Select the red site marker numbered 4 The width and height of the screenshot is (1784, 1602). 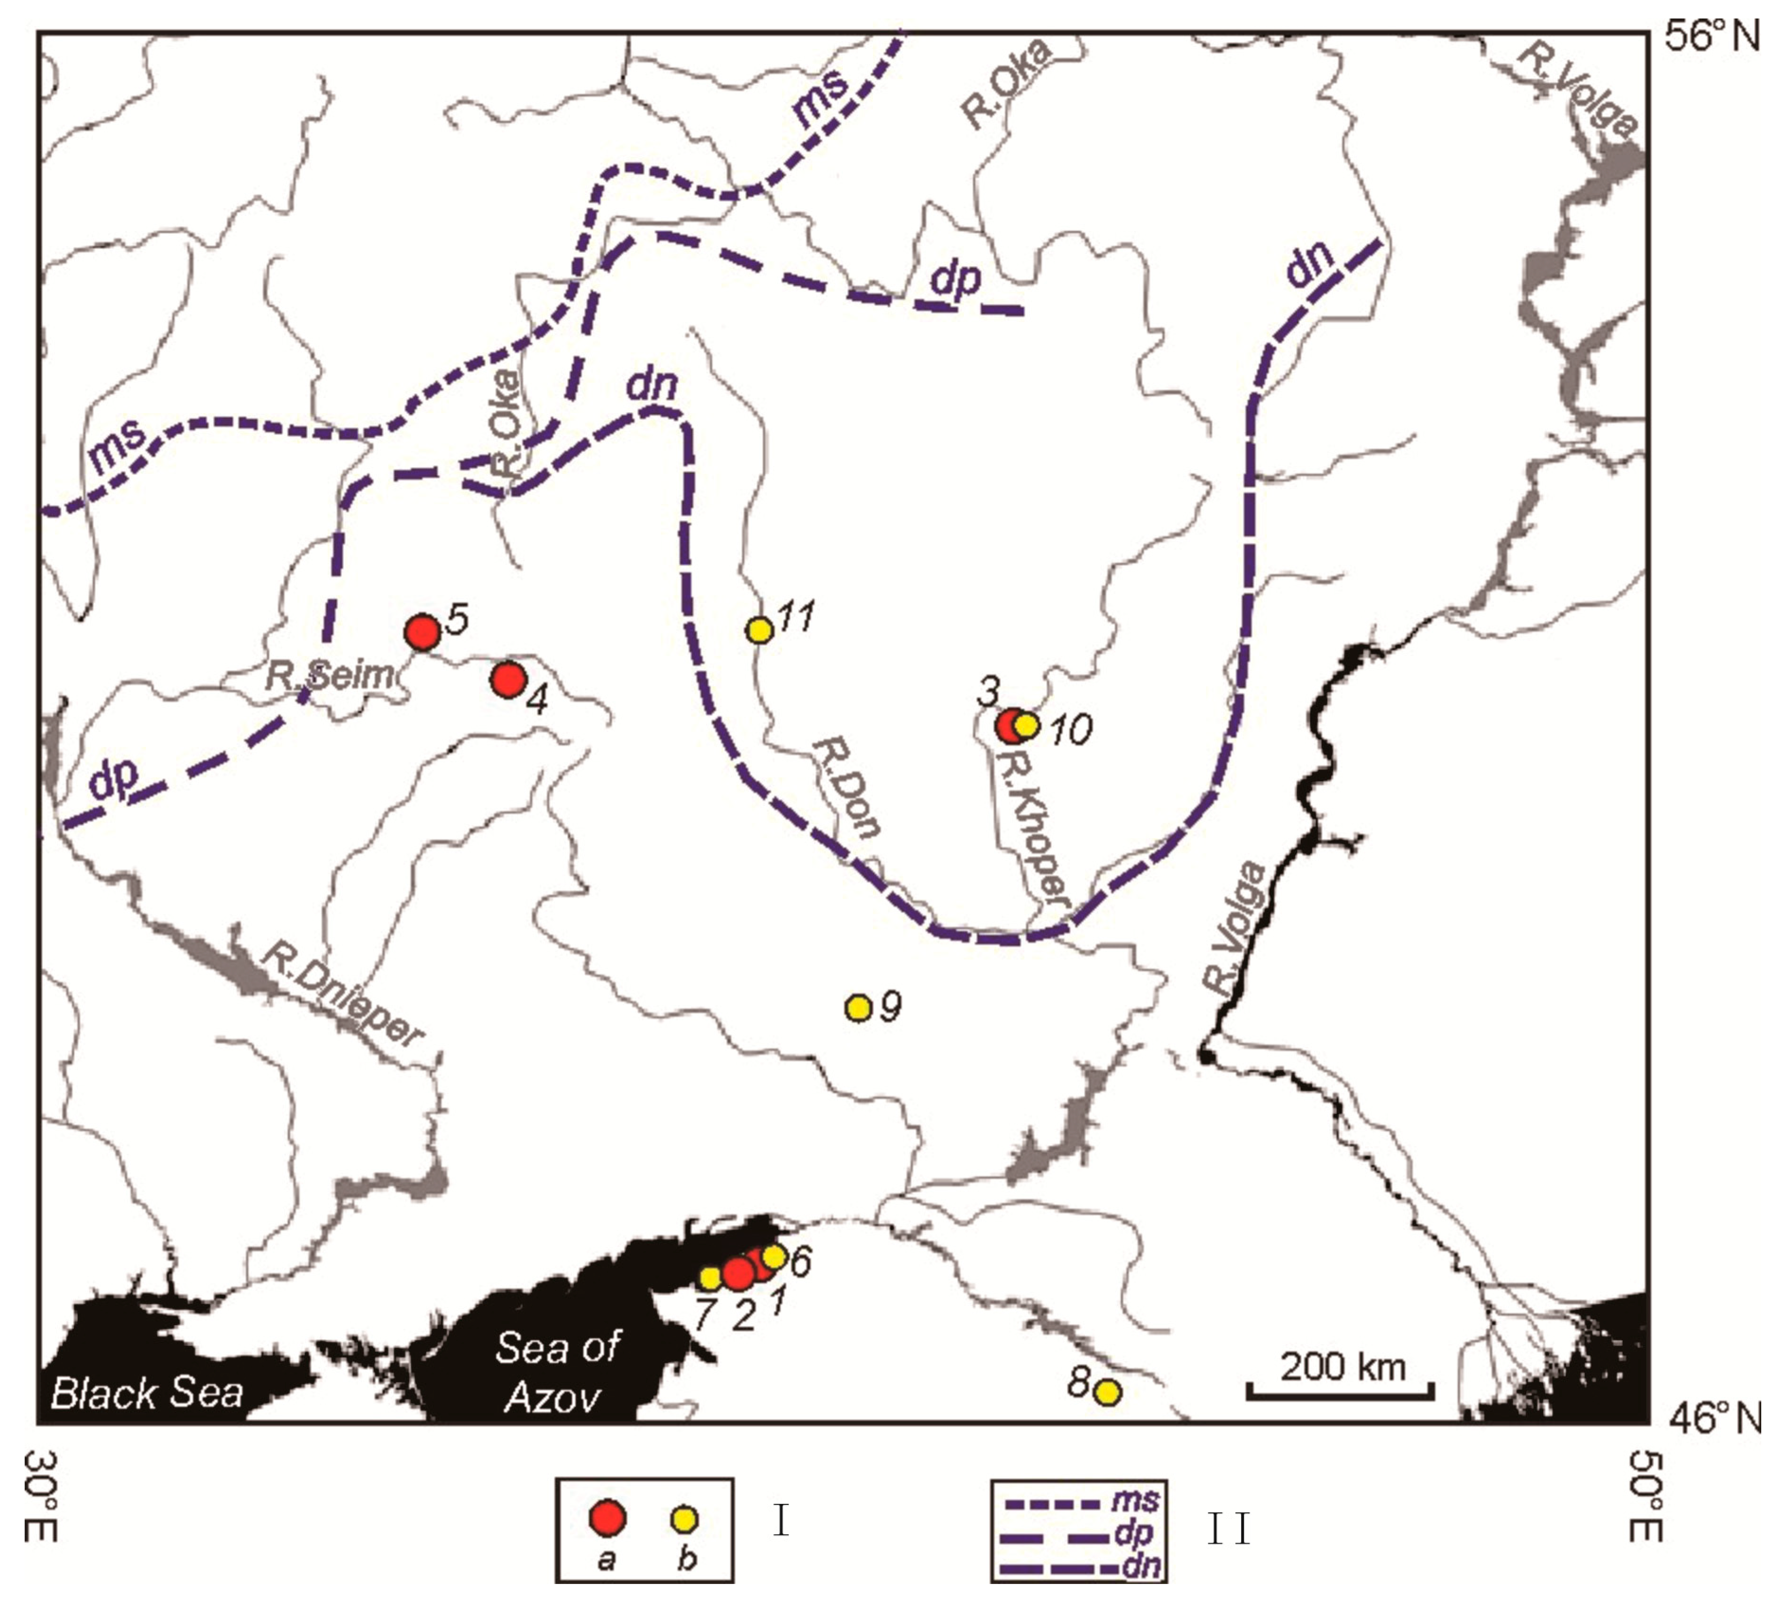(509, 680)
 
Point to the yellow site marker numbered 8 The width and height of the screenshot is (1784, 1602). (1108, 1392)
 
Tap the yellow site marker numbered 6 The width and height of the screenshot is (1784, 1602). (773, 1256)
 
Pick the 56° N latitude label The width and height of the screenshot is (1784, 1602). (1711, 37)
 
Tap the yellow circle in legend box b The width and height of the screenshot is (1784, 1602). (685, 1519)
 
